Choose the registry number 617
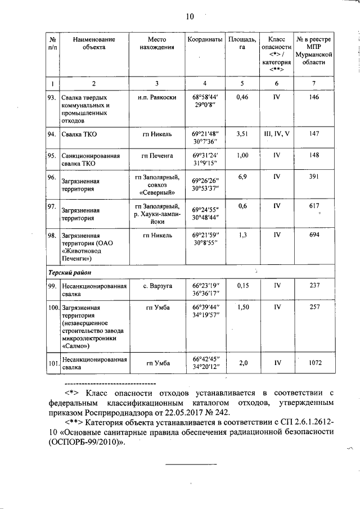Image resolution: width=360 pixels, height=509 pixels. pos(314,206)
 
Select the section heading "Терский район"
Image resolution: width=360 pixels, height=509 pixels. pos(70,272)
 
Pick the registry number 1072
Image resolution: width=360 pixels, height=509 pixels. pos(314,363)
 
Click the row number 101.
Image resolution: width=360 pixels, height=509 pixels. pos(53,363)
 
